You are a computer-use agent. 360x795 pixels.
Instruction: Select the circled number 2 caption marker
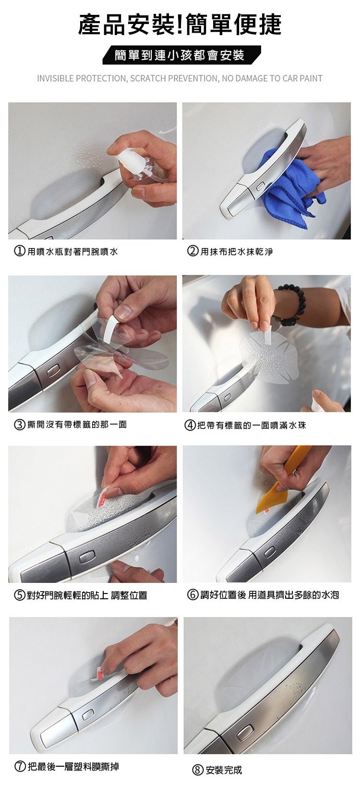(x=193, y=251)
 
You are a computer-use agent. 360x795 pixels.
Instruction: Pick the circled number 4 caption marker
(x=190, y=425)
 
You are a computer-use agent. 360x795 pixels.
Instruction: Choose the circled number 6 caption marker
(x=193, y=595)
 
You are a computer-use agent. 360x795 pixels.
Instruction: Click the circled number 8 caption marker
(x=198, y=770)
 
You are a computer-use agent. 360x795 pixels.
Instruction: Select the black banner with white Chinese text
(x=181, y=55)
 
